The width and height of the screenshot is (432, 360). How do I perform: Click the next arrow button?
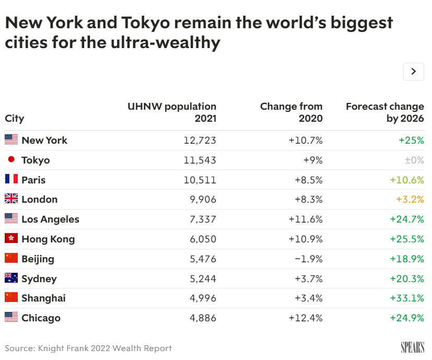click(413, 72)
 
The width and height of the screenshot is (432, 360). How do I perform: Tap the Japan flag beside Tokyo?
click(11, 159)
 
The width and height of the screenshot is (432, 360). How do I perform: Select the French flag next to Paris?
click(11, 179)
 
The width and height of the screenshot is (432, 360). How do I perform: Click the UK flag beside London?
click(11, 199)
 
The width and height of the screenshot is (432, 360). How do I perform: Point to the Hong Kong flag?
click(11, 238)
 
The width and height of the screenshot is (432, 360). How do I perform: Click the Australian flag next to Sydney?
click(11, 278)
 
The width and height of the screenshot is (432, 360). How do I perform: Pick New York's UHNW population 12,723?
click(200, 141)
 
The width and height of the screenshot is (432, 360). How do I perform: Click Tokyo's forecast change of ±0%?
click(414, 160)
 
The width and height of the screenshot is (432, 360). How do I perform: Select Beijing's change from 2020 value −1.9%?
click(309, 259)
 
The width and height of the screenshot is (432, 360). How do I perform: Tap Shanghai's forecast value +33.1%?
click(407, 298)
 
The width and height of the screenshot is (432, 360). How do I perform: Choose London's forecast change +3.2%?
click(410, 199)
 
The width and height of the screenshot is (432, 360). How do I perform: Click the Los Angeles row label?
click(51, 219)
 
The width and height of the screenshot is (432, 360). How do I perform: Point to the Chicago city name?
click(41, 318)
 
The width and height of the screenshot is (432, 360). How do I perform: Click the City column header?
click(15, 119)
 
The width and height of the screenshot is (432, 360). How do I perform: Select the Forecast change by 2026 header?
click(385, 112)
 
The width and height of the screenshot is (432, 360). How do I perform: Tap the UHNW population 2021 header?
click(172, 112)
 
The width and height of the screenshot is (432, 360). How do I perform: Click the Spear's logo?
click(413, 347)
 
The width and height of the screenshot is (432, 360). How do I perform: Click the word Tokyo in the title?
click(145, 22)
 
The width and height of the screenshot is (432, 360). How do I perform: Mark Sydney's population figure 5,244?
click(203, 279)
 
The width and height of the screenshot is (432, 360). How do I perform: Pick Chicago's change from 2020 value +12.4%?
click(306, 318)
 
